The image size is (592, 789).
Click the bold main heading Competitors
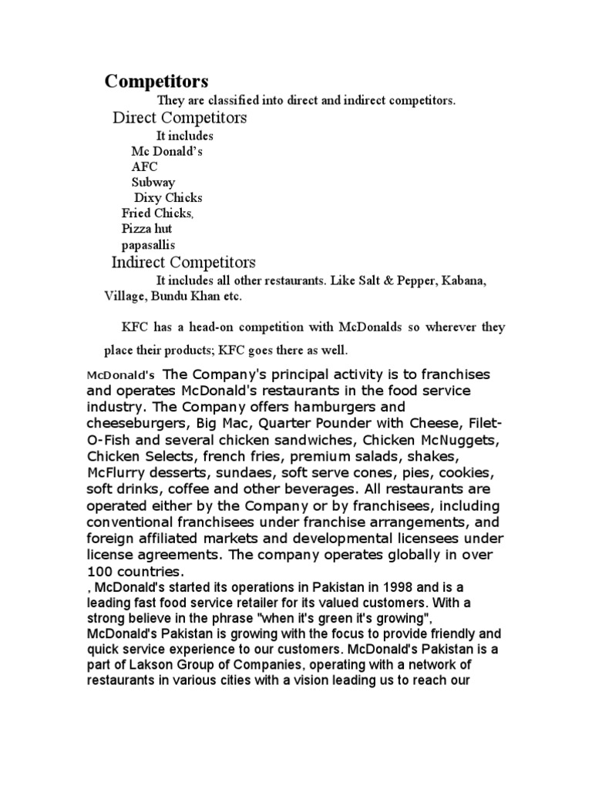point(156,81)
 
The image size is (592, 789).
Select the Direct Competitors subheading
point(180,118)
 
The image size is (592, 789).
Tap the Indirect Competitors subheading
point(183,263)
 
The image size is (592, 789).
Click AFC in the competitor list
point(143,166)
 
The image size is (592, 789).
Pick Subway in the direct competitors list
point(153,182)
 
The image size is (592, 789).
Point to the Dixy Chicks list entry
point(169,197)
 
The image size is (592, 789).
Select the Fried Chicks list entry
point(157,213)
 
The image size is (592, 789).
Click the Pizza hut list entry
point(146,229)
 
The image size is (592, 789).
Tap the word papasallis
point(149,244)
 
